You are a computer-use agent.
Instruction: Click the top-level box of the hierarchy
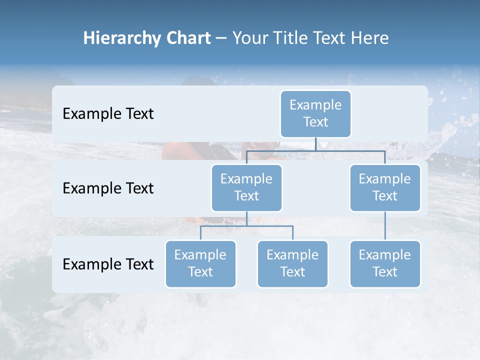(315, 114)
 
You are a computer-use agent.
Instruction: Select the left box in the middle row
(246, 188)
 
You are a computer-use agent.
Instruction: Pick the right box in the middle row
(385, 188)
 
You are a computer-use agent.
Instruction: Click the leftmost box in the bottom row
(200, 264)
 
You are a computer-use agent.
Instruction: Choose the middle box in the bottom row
(292, 264)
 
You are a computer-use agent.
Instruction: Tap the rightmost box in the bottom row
(385, 264)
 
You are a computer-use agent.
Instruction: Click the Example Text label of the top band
(108, 114)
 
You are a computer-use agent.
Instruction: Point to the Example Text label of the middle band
(108, 188)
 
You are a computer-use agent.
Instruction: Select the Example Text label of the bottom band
(108, 264)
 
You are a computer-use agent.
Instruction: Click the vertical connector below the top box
(315, 144)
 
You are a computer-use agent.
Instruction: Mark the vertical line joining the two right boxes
(385, 226)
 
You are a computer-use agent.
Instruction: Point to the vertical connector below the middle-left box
(246, 218)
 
